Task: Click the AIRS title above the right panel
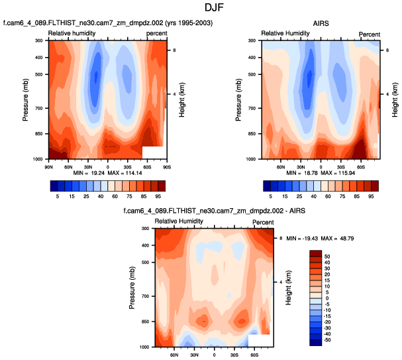(x=321, y=23)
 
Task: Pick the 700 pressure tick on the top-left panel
(x=38, y=108)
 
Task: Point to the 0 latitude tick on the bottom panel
(x=214, y=354)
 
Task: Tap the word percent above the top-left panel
(x=156, y=33)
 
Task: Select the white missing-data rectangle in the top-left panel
(x=153, y=152)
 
